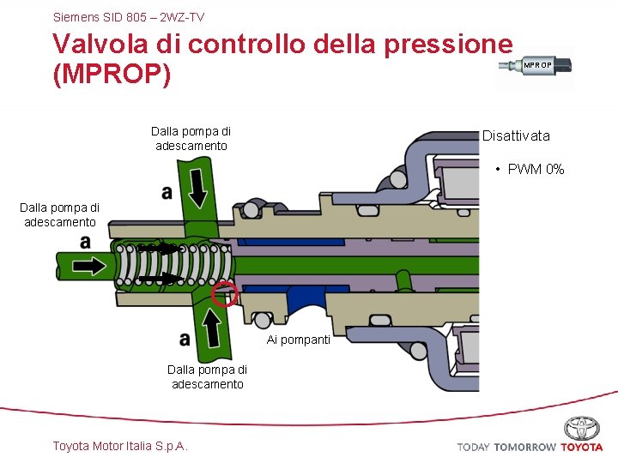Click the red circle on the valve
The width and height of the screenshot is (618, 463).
point(225,293)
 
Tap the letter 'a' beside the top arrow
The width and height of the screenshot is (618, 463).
point(167,192)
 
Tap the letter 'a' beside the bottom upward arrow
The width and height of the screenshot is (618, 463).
point(185,339)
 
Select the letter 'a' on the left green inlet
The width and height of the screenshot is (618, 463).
point(85,243)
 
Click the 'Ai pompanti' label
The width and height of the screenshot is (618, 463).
point(298,340)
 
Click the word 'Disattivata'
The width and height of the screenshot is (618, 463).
point(516,135)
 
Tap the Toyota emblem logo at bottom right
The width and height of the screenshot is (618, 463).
point(582,428)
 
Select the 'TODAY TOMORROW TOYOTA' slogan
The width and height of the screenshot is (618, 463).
point(530,447)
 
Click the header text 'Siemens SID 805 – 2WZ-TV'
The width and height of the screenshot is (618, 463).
point(128,16)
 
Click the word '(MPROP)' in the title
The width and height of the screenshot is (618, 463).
point(112,75)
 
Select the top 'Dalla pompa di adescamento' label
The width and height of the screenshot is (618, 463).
point(191,138)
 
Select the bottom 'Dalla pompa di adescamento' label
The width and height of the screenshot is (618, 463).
point(207,376)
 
